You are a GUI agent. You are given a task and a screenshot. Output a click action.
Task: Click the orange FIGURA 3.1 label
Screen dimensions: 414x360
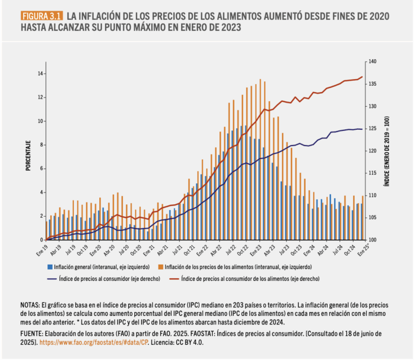point(42,16)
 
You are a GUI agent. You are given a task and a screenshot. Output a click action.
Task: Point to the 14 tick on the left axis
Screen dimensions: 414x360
point(40,74)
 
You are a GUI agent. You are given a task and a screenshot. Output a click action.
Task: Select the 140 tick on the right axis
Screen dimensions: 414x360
point(372,61)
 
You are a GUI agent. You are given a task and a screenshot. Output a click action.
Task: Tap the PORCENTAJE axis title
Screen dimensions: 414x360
point(28,156)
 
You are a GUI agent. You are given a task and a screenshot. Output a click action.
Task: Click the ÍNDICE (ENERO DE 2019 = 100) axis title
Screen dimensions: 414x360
point(387,151)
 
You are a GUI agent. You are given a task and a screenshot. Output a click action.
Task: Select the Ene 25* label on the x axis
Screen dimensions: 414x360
point(363,250)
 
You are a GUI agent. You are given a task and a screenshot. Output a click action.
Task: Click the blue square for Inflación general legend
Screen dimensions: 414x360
point(50,267)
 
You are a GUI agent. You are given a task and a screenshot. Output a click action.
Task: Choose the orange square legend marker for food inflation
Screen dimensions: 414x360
point(161,267)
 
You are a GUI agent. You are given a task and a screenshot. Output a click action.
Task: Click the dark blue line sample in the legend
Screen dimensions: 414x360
point(52,279)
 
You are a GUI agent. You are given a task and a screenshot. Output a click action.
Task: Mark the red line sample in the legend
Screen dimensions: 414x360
point(174,279)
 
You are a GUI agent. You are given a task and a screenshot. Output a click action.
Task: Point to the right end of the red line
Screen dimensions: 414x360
point(362,77)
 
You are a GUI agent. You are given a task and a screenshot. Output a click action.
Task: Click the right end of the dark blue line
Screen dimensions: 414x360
point(362,129)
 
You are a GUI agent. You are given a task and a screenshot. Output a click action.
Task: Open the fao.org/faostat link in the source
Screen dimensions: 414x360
point(94,343)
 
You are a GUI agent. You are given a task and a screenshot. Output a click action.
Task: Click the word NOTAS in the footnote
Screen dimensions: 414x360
point(30,305)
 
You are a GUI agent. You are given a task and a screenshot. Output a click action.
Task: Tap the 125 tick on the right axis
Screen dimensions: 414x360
point(372,129)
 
